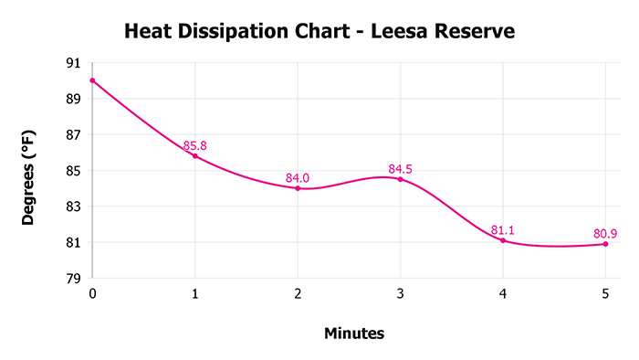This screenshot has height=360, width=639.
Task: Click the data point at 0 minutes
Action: point(92,80)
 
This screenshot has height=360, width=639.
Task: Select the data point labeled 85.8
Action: point(194,156)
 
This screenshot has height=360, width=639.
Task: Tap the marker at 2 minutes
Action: point(298,188)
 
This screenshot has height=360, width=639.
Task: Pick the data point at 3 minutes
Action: point(400,179)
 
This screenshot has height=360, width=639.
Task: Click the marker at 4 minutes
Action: point(503,240)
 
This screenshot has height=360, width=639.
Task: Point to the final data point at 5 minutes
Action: point(605,244)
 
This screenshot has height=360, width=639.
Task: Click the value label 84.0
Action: point(298,177)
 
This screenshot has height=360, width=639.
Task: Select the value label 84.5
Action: point(401,169)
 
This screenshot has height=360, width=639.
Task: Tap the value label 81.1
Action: point(503,230)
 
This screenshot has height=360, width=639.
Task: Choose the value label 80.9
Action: point(604,233)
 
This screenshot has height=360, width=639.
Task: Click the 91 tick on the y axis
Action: point(72,63)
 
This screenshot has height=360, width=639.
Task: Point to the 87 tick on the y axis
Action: point(72,135)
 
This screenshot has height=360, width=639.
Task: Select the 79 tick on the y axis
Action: point(72,279)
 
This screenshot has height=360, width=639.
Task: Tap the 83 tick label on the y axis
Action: point(72,206)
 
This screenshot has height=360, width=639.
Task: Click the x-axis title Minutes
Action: point(354,334)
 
